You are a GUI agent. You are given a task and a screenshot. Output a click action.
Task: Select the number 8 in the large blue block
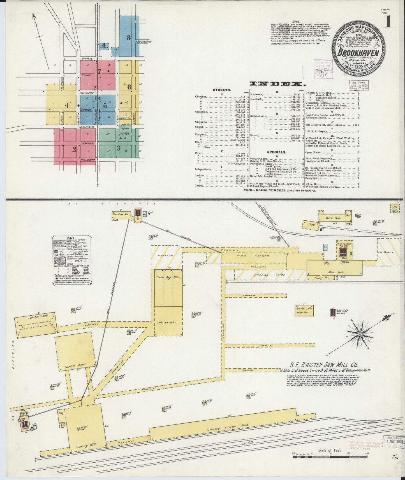pyautogui.click(x=128, y=38)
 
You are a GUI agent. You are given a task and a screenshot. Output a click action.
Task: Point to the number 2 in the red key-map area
pyautogui.click(x=74, y=149)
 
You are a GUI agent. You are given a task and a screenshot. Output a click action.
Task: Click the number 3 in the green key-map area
pyautogui.click(x=118, y=148)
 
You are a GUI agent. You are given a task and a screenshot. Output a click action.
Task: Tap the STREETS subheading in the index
pyautogui.click(x=222, y=90)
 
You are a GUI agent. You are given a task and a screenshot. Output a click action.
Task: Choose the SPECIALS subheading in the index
pyautogui.click(x=276, y=152)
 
